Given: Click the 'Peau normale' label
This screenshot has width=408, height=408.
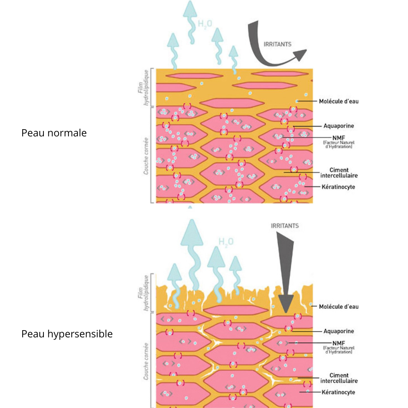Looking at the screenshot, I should point(54,133).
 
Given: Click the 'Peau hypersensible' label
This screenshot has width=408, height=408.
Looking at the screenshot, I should point(67,334).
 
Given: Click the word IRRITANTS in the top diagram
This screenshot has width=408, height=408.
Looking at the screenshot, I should point(277,44).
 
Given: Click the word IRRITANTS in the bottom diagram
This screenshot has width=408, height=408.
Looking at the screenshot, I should point(285,226).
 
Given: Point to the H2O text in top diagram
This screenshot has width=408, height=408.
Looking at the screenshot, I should point(205,24).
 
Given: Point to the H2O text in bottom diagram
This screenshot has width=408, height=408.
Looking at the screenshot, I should point(226,241).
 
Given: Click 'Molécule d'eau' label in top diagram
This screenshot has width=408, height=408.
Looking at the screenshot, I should point(338,101).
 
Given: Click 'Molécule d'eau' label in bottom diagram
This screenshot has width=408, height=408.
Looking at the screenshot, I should point(338,306).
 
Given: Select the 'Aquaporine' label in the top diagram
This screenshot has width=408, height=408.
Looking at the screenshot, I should point(338,126).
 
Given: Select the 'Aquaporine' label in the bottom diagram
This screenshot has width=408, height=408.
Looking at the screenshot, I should point(338,331).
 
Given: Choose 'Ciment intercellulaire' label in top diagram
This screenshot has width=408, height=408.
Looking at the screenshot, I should point(338,173).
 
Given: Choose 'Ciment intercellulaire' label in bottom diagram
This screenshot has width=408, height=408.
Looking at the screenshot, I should point(338,378).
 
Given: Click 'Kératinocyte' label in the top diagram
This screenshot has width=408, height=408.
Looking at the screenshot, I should point(338,187).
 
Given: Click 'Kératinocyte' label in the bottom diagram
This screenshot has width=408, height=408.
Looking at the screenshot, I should point(338,392).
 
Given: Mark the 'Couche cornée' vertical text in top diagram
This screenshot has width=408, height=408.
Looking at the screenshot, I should point(146,156).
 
